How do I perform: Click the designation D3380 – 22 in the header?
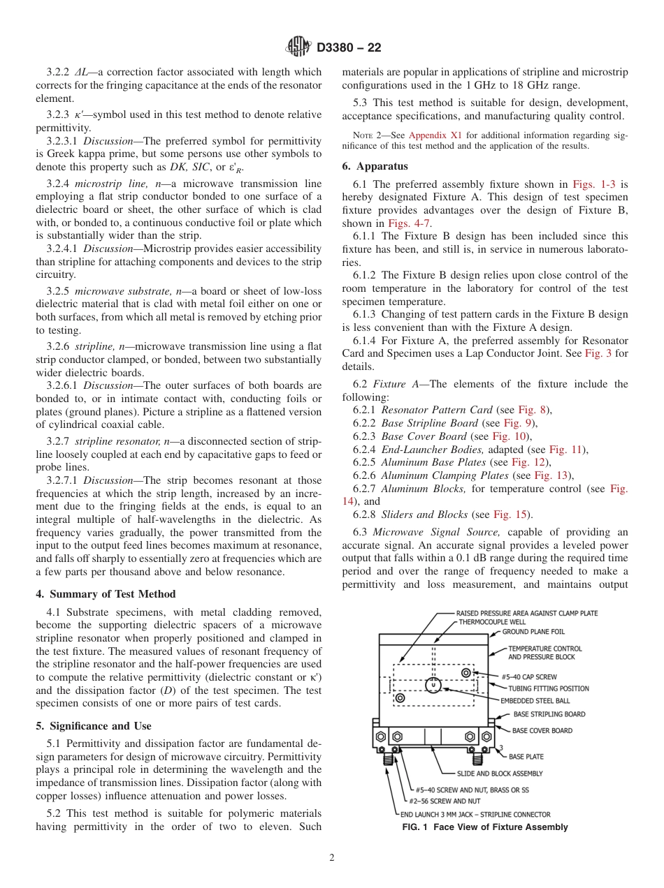point(349,48)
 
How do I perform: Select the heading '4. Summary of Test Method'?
point(106,594)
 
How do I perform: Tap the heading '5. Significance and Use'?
point(93,726)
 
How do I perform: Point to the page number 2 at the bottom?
point(332,858)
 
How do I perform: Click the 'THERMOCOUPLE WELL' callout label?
point(493,621)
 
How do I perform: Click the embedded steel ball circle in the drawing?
point(433,685)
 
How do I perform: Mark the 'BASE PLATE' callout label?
point(526,757)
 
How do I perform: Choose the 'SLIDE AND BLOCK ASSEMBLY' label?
point(499,774)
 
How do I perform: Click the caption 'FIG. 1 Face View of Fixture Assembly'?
point(484,827)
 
